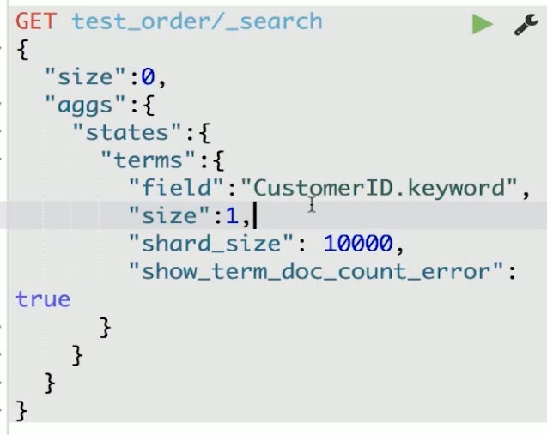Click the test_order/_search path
(x=197, y=21)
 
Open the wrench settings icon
(x=525, y=25)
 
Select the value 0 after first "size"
(x=149, y=77)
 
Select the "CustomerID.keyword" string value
(x=380, y=188)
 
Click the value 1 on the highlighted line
(x=232, y=216)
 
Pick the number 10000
(x=357, y=244)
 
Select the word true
(x=43, y=299)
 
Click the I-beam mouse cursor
(x=312, y=204)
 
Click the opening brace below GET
(x=22, y=50)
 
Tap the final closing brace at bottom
(x=22, y=410)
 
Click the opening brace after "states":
(x=204, y=133)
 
